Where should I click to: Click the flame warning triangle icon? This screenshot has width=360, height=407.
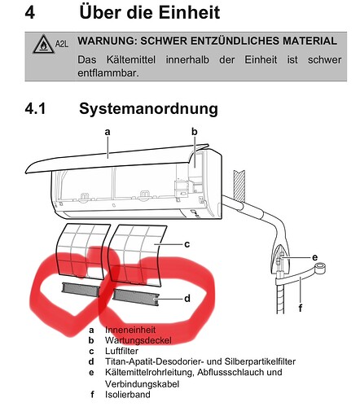point(43,44)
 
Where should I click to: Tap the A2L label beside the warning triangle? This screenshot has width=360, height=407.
point(62,44)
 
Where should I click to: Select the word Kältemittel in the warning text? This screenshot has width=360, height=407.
point(131,59)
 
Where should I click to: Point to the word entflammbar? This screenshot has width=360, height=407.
point(108,73)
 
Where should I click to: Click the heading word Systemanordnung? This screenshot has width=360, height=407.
point(148,109)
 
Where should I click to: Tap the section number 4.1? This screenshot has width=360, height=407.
point(35,108)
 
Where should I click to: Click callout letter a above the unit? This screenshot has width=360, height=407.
point(108,132)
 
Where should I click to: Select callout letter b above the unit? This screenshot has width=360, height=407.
point(195,132)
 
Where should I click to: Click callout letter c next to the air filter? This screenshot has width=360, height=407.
point(187,244)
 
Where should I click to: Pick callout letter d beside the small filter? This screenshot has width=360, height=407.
point(187,299)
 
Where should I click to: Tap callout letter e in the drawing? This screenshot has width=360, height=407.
point(314,257)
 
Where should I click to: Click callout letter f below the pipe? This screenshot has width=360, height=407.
point(301,308)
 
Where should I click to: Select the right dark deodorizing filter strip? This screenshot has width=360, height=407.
point(135,297)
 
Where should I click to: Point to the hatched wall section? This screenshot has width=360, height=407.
point(239,186)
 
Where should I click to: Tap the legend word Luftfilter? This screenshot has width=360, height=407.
point(121,351)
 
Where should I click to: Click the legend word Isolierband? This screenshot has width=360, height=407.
point(128,394)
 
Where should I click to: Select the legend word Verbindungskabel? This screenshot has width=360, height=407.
point(142,384)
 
